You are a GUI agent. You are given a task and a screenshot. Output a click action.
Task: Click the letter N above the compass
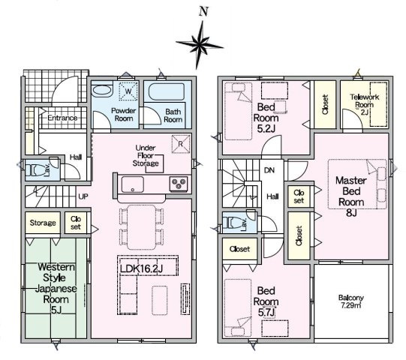coord(204,12)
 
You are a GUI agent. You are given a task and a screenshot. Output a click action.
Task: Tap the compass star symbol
coord(200,45)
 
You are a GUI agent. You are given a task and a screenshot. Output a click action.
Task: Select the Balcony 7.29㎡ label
coord(351,301)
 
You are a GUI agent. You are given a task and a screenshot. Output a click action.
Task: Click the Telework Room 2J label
coord(365,104)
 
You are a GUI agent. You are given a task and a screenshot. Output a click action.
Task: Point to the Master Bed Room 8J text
coord(351,196)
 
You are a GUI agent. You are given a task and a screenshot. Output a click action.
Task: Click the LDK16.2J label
coord(141,268)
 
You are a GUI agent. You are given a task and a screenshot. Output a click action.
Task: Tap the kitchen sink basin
coord(133,184)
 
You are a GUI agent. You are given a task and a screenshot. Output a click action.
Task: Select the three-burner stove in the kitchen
coord(179,184)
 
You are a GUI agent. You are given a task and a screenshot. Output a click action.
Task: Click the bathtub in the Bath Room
coord(167,91)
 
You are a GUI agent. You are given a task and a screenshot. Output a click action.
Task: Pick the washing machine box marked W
coord(128,91)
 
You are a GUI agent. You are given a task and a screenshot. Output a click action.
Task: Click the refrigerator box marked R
coord(181,144)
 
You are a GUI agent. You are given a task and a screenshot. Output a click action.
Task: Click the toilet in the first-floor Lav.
coord(36,170)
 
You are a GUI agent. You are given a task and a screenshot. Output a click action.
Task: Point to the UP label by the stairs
coord(83,196)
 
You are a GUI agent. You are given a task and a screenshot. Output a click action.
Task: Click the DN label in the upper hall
coord(269,170)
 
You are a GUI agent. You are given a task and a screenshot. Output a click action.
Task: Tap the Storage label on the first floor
coord(43,223)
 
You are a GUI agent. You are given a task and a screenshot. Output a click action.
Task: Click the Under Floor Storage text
coord(146,155)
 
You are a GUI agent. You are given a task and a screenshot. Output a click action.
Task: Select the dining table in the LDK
coord(142,227)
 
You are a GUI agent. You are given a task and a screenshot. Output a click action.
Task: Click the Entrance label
coord(62,118)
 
